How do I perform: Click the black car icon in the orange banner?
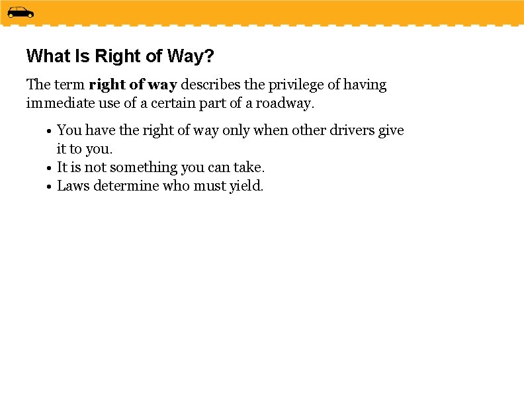[x=21, y=13]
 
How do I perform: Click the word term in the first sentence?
[x=69, y=85]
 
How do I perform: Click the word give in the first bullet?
[x=391, y=130]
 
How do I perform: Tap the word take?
[x=247, y=167]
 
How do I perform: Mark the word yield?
[x=246, y=186]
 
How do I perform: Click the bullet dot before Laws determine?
[x=49, y=187]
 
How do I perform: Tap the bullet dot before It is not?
[x=49, y=168]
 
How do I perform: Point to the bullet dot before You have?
[x=49, y=131]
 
